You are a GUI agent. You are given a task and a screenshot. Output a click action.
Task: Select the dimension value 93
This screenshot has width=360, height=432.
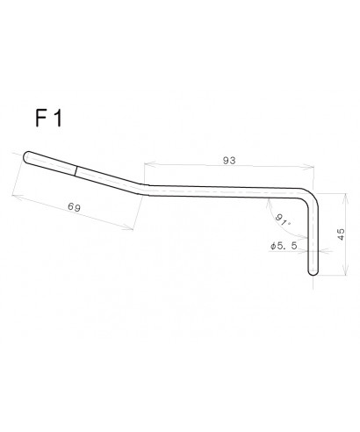(231, 161)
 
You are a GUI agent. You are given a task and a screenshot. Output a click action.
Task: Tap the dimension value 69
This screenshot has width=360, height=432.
(75, 206)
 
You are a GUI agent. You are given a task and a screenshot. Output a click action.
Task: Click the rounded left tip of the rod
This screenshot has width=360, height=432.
(27, 158)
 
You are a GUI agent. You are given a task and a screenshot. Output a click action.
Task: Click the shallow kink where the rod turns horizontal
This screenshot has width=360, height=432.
(146, 189)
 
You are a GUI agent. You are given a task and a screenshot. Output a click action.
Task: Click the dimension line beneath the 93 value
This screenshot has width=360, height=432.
(231, 169)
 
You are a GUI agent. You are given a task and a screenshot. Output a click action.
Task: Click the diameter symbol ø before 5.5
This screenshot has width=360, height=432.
(275, 248)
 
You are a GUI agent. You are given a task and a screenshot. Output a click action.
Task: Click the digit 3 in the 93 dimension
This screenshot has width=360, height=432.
(235, 161)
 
